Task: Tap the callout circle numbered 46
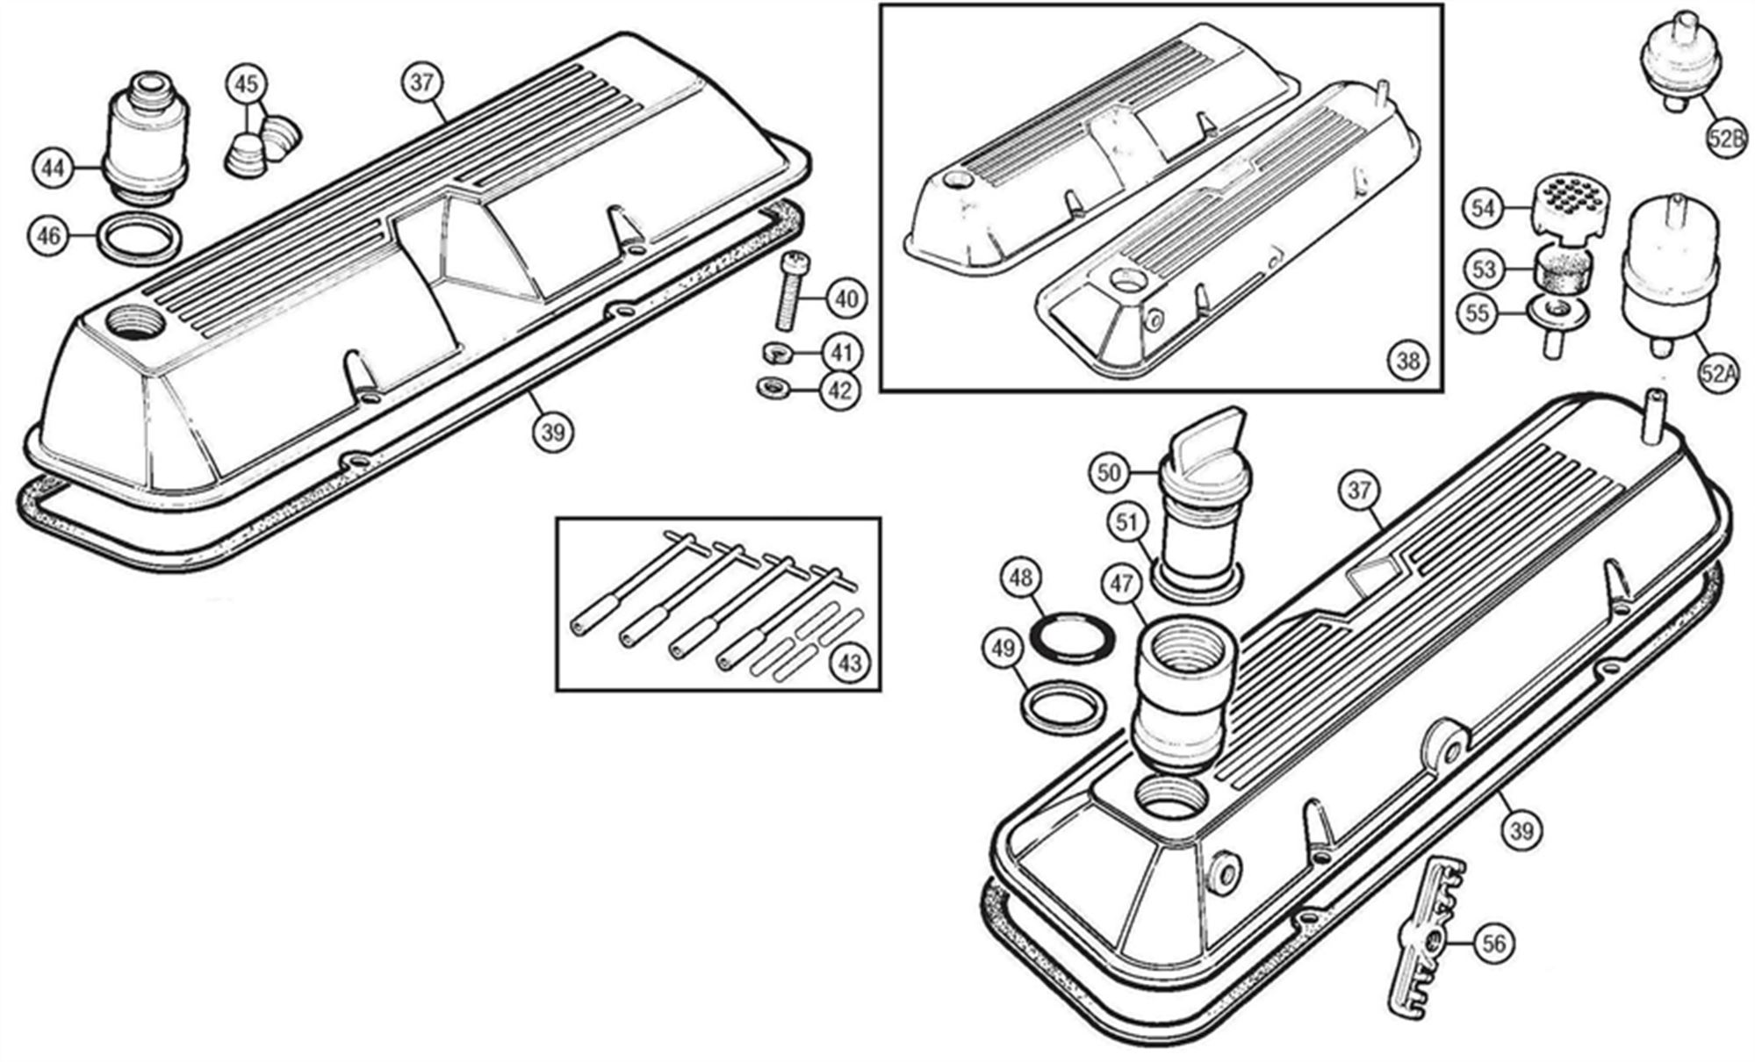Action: (50, 237)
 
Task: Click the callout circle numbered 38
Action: (1407, 361)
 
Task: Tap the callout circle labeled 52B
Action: (1727, 140)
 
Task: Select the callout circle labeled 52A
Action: (1718, 373)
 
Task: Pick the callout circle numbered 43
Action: (850, 663)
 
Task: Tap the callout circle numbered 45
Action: (248, 84)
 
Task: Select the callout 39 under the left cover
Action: (552, 432)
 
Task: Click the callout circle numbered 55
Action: (1478, 313)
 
